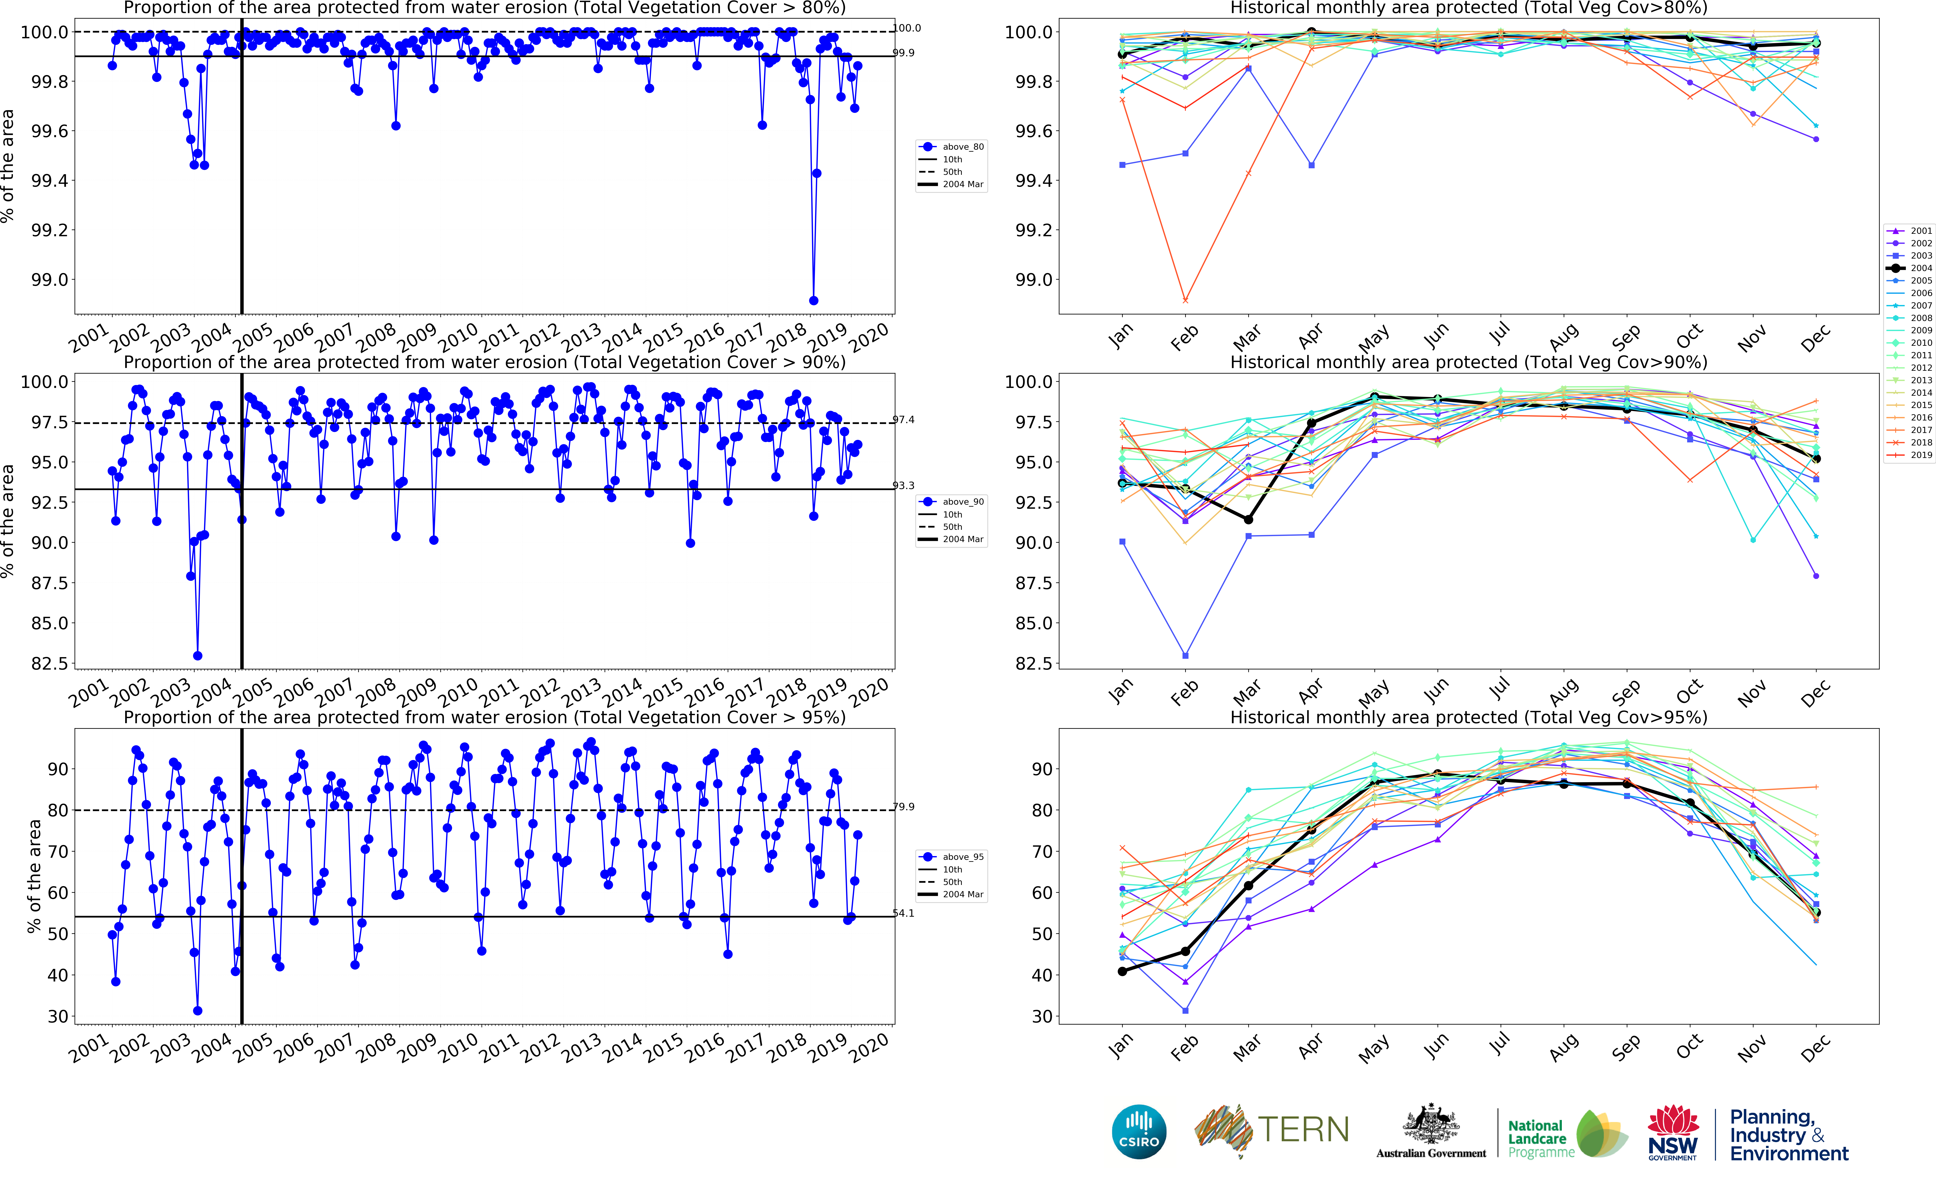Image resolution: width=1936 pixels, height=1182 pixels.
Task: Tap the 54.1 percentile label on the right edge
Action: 904,913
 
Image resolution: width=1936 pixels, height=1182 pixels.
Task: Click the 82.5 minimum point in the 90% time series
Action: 197,656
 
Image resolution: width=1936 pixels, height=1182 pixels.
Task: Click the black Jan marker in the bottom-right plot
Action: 1122,972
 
